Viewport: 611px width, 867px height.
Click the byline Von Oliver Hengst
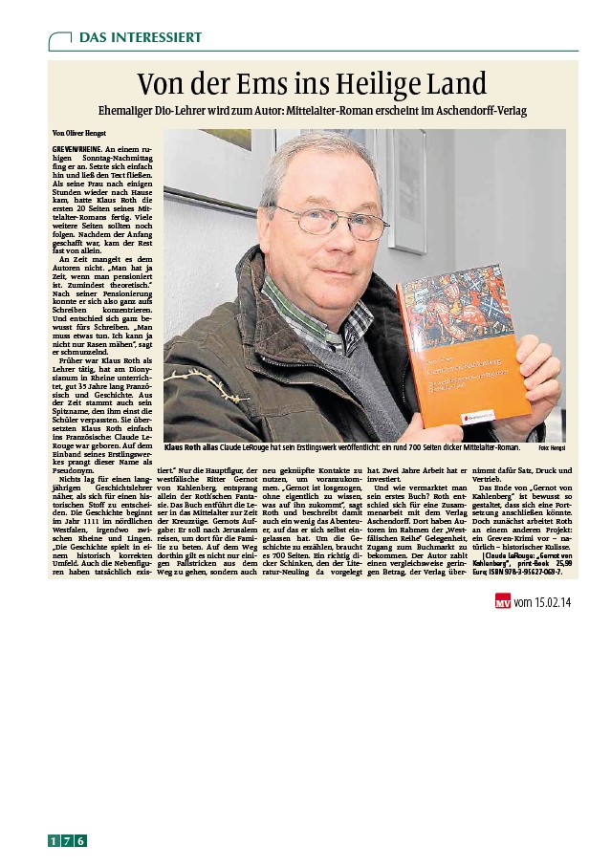click(x=80, y=133)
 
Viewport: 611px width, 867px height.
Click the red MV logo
click(x=502, y=602)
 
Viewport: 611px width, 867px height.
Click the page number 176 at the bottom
click(x=68, y=841)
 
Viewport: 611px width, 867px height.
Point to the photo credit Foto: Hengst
click(x=552, y=447)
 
